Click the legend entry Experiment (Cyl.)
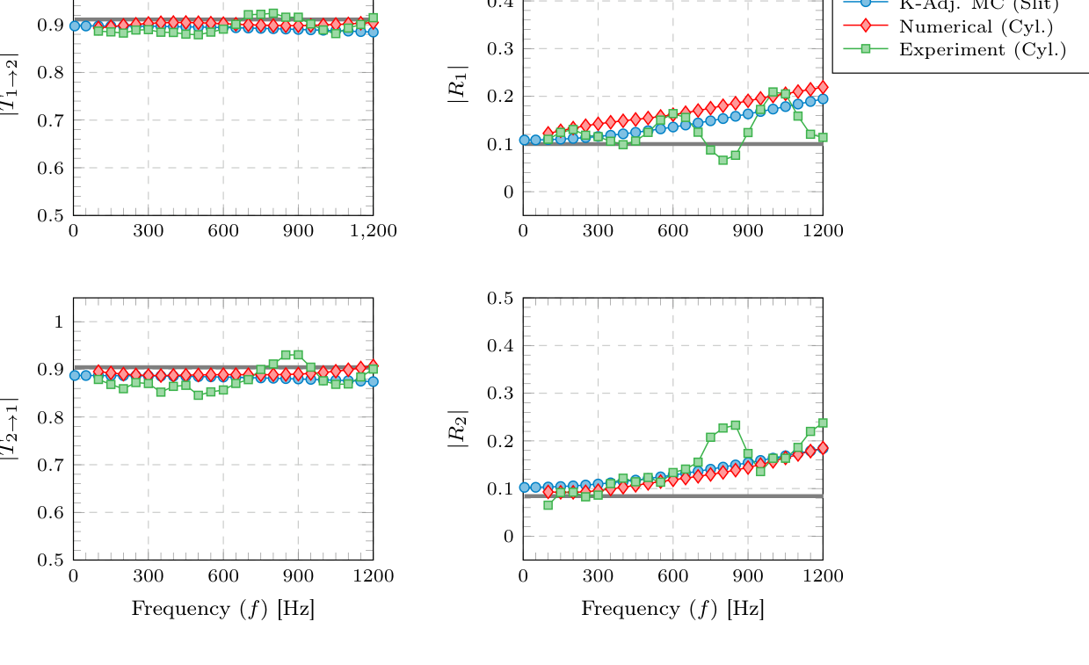982,49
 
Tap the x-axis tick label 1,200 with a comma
374,231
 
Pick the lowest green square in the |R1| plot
722,160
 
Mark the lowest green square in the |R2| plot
548,505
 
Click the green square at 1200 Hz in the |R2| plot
823,423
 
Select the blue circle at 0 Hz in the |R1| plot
525,140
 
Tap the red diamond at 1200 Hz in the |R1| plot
823,87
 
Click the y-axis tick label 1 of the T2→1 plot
58,322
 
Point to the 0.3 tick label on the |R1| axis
502,48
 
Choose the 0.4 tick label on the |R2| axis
502,345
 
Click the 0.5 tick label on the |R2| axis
502,298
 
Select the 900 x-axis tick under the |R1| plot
748,231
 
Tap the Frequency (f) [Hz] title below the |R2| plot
672,608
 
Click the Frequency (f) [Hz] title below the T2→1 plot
222,608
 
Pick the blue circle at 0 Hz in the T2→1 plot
75,375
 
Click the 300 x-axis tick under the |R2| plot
599,575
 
